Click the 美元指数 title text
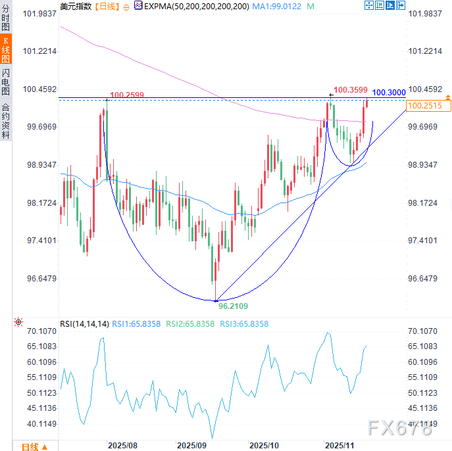(x=76, y=6)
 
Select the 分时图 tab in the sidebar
(x=5, y=18)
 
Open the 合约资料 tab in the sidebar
(x=5, y=120)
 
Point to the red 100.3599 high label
(x=349, y=89)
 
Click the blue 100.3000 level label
(x=389, y=93)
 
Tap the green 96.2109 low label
(x=233, y=306)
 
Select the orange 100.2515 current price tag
(x=424, y=105)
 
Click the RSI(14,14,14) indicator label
(x=84, y=323)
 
